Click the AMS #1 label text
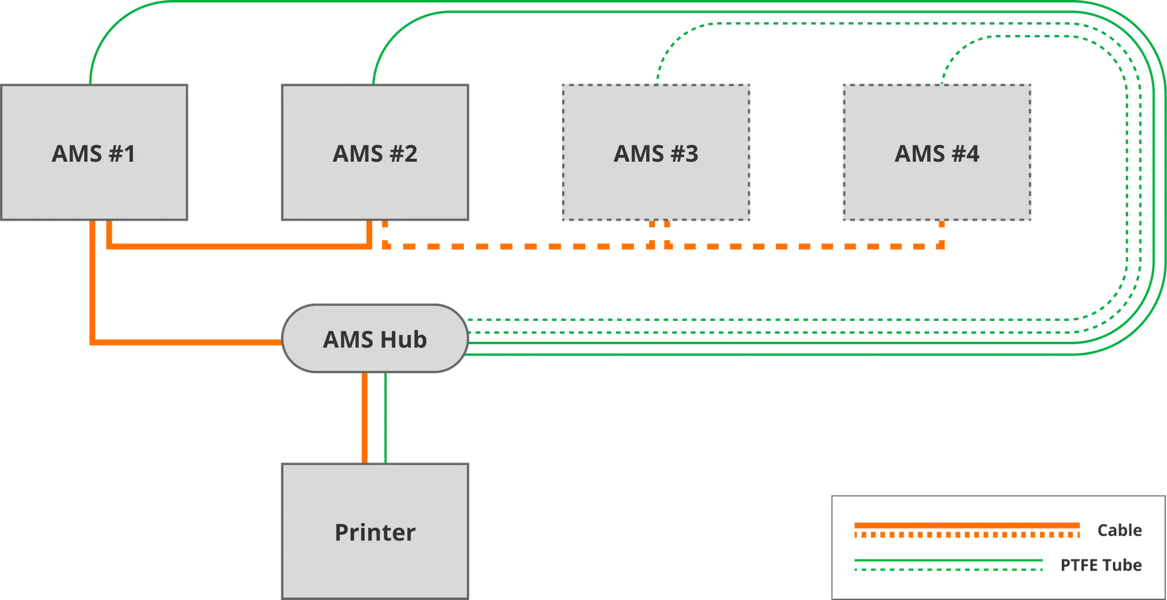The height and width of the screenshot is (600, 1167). (x=93, y=154)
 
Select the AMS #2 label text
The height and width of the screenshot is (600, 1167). (x=375, y=154)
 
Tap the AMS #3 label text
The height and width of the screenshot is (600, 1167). (x=656, y=154)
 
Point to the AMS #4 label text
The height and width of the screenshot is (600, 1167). (x=937, y=154)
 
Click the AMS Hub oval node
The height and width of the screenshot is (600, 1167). (x=375, y=339)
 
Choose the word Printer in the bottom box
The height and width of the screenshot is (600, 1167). (x=375, y=532)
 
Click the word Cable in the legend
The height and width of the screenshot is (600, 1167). (x=1120, y=530)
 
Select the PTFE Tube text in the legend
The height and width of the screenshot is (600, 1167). (x=1103, y=565)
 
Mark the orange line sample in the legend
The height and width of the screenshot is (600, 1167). (x=967, y=531)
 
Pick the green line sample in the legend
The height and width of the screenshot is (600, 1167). (x=949, y=565)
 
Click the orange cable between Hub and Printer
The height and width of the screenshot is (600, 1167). (x=365, y=418)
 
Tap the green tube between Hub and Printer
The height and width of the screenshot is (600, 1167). (x=385, y=418)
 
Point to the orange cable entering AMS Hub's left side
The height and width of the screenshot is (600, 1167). (x=184, y=341)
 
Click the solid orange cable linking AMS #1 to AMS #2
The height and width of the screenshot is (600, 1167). (x=240, y=246)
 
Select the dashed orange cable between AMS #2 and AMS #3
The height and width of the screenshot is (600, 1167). (x=516, y=246)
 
